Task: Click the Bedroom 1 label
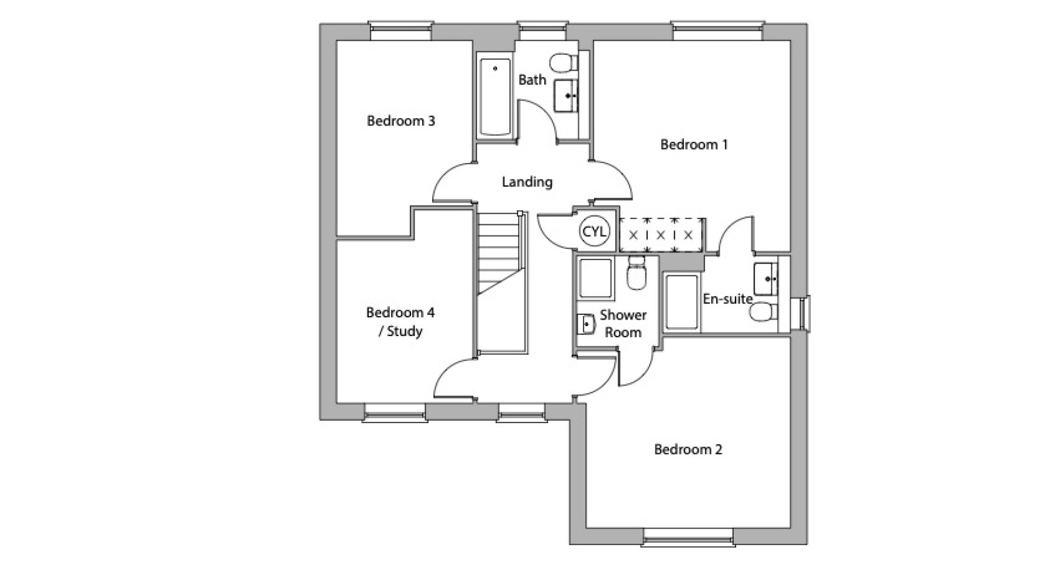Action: [694, 144]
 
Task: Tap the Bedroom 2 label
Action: [688, 450]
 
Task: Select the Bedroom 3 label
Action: [400, 121]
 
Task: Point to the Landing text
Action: [527, 182]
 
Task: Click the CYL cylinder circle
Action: [594, 232]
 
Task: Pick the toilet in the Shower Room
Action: [637, 272]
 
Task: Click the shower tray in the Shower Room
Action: [597, 278]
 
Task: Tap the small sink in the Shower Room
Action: [585, 323]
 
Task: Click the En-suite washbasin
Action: [766, 280]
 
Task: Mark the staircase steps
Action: [499, 282]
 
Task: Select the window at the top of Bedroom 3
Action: [402, 31]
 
